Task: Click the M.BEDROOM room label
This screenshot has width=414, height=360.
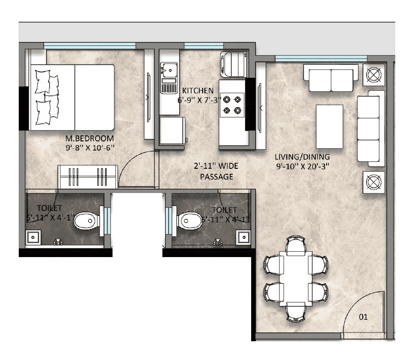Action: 89,138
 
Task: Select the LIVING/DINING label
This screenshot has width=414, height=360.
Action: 299,156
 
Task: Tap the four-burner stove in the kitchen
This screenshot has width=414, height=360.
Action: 232,104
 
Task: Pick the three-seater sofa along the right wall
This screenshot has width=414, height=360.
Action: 368,129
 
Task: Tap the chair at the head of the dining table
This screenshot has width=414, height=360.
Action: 296,245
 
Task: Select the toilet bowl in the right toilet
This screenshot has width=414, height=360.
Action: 188,220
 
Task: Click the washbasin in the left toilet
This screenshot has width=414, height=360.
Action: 32,237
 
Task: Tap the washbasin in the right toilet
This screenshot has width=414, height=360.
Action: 243,237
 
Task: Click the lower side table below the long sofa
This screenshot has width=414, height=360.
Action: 373,183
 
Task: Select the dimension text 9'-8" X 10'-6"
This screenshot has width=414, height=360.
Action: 89,147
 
